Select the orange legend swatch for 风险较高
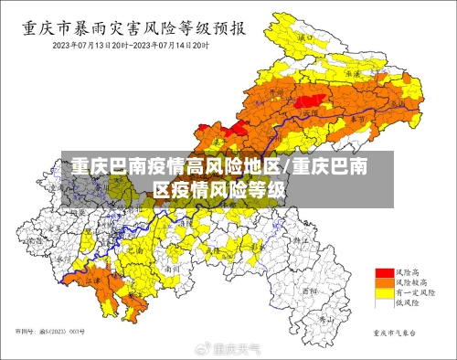point(384,284)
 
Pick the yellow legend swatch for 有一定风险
point(384,294)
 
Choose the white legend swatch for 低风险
point(384,305)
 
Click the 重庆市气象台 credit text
point(394,333)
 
